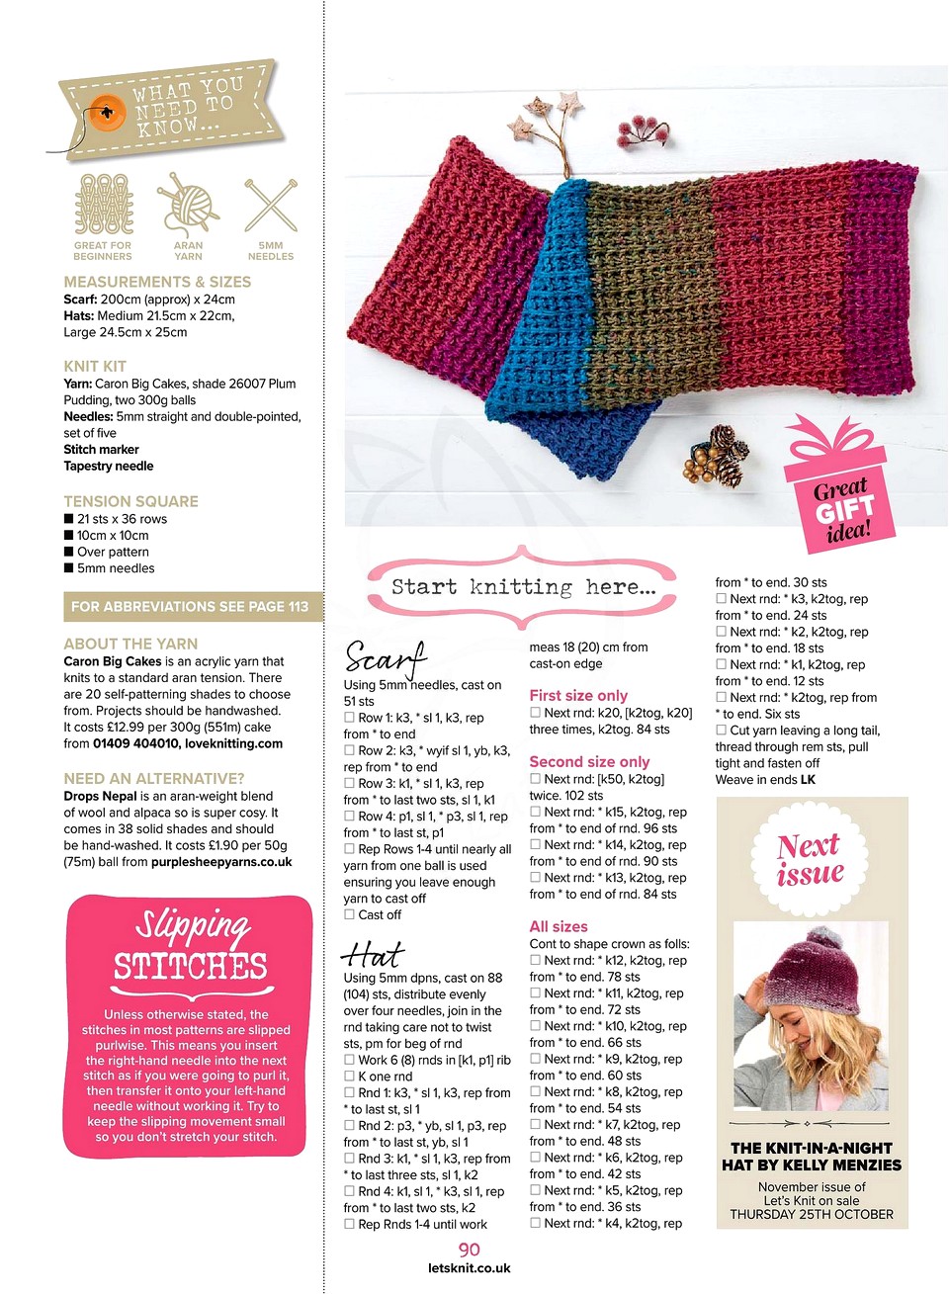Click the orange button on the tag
pyautogui.click(x=106, y=114)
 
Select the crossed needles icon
pyautogui.click(x=271, y=206)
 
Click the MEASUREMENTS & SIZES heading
pyautogui.click(x=157, y=282)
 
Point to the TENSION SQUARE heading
pyautogui.click(x=130, y=501)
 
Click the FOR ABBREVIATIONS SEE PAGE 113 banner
pyautogui.click(x=190, y=606)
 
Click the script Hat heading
pyautogui.click(x=372, y=954)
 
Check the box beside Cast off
pyautogui.click(x=349, y=914)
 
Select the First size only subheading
pyautogui.click(x=578, y=695)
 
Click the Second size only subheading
pyautogui.click(x=589, y=761)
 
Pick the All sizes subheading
pyautogui.click(x=559, y=926)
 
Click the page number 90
pyautogui.click(x=469, y=1250)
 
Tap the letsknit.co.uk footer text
pyautogui.click(x=469, y=1268)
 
